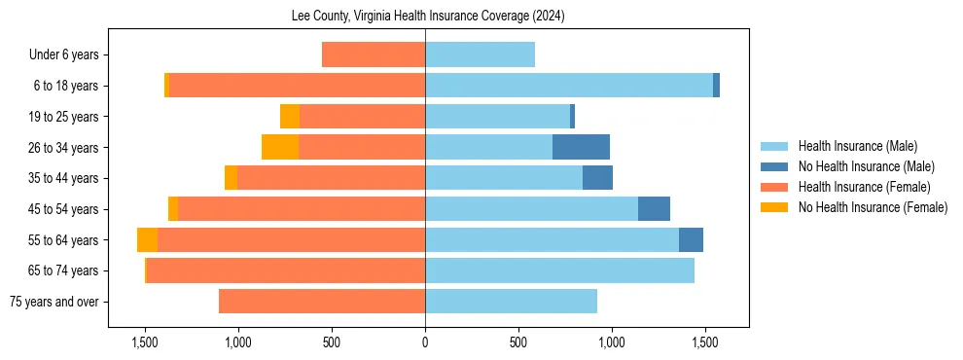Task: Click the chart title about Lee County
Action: (428, 17)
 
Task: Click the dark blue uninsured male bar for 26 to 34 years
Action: (581, 147)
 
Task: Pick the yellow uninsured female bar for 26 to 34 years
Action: (280, 147)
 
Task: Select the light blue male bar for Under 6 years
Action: (480, 55)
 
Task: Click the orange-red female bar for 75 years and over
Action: (321, 302)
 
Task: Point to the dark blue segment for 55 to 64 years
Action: (691, 240)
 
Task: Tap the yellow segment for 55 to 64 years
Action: (147, 240)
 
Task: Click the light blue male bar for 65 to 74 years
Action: (559, 270)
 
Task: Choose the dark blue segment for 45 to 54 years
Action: (654, 209)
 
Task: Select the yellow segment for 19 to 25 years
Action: (289, 117)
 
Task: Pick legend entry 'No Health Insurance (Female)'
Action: (873, 207)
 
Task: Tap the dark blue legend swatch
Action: (774, 166)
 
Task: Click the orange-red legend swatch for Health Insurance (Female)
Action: (774, 187)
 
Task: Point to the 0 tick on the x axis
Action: (425, 342)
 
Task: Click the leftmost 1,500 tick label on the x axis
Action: (145, 342)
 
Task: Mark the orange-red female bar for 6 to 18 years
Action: (297, 86)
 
